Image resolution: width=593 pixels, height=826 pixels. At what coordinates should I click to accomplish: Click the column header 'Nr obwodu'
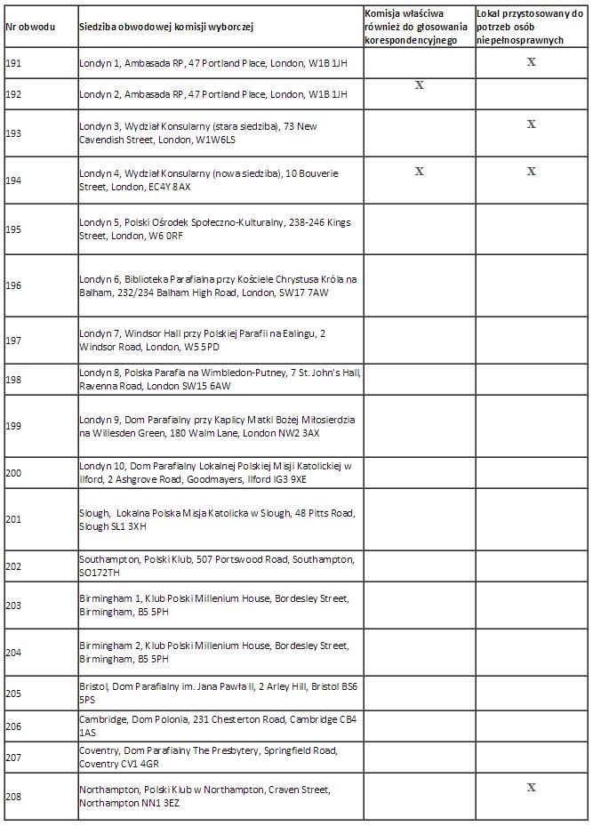click(30, 27)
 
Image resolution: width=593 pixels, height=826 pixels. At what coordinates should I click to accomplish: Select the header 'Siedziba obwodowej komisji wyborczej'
click(166, 27)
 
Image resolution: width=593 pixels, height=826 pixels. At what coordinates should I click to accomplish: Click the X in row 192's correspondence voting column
click(420, 85)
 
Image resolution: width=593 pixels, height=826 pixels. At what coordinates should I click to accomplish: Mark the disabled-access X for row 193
click(532, 124)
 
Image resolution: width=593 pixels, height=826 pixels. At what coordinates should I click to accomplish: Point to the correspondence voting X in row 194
click(420, 171)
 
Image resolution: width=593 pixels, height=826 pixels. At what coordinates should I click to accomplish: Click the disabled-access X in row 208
click(532, 787)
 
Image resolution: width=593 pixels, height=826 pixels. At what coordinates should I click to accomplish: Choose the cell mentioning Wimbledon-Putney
click(219, 379)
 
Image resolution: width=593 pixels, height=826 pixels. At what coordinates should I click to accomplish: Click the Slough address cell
click(217, 519)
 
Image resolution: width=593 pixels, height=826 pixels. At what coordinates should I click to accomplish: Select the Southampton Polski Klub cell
click(217, 565)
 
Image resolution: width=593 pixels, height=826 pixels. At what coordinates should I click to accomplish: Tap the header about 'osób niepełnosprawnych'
click(530, 27)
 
